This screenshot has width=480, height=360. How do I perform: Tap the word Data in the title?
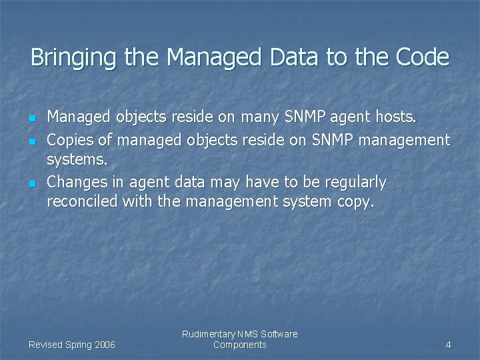pos(295,57)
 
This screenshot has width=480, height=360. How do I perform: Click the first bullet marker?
pos(31,119)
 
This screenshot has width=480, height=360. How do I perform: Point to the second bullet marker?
pos(31,141)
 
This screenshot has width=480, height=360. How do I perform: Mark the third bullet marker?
pos(31,183)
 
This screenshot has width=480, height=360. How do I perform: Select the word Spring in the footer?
pos(77,345)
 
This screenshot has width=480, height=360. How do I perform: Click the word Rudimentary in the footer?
pos(208,334)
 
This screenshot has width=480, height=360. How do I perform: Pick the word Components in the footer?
pos(239,345)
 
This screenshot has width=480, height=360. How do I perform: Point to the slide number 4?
pos(448,345)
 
